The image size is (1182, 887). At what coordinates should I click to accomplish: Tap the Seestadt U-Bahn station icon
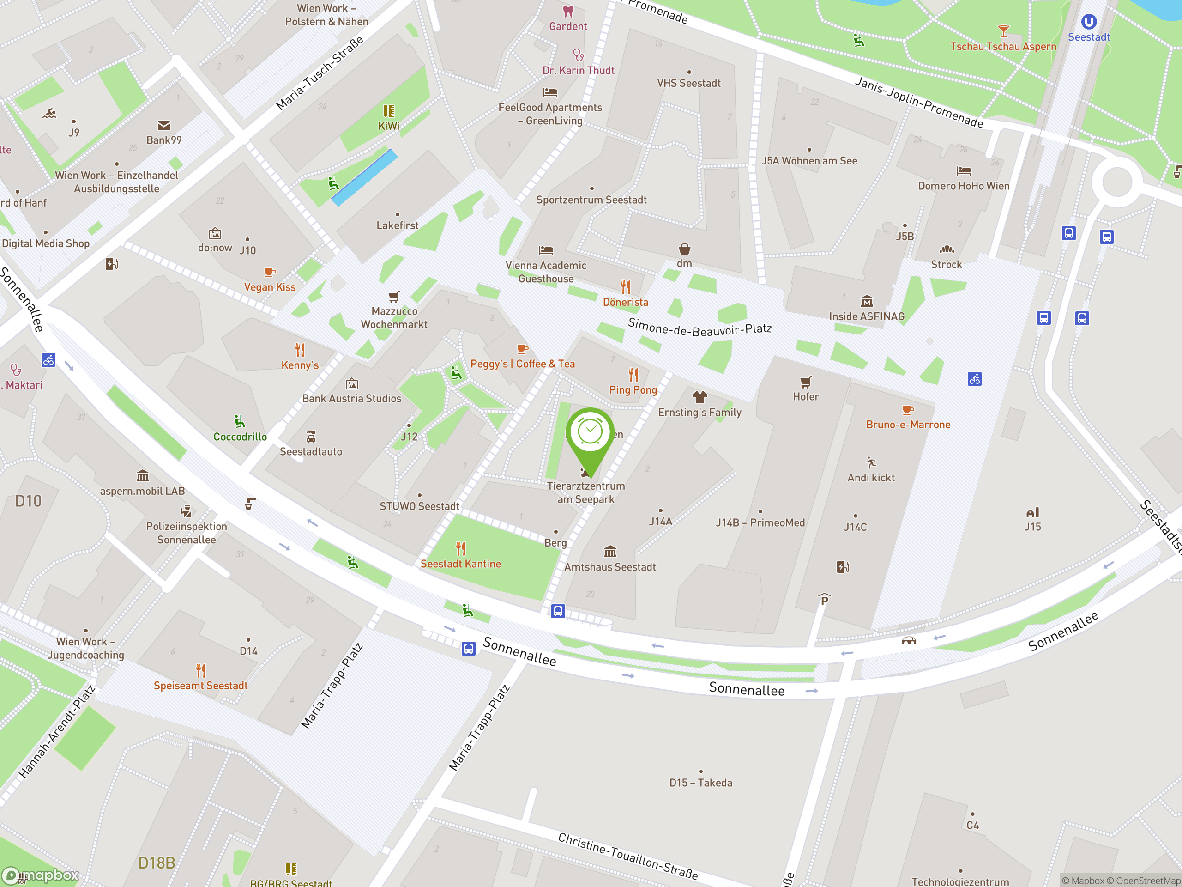pyautogui.click(x=1088, y=22)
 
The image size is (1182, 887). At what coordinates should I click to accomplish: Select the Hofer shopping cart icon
pyautogui.click(x=806, y=382)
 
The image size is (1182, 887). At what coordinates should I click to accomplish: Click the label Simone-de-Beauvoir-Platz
pyautogui.click(x=700, y=327)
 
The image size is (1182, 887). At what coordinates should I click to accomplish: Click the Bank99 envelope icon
pyautogui.click(x=164, y=126)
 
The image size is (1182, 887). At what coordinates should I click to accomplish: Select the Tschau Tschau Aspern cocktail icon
pyautogui.click(x=1003, y=31)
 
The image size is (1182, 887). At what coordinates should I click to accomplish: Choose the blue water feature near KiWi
pyautogui.click(x=364, y=177)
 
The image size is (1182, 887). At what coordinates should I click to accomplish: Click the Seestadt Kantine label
pyautogui.click(x=461, y=564)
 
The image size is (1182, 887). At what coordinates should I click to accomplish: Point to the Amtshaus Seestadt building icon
pyautogui.click(x=610, y=551)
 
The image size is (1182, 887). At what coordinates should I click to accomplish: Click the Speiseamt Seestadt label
pyautogui.click(x=200, y=686)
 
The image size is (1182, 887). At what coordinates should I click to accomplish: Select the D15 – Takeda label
pyautogui.click(x=700, y=783)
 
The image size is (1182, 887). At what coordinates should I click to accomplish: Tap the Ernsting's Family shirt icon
pyautogui.click(x=700, y=397)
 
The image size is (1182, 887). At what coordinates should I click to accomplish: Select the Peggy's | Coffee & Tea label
pyautogui.click(x=522, y=364)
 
